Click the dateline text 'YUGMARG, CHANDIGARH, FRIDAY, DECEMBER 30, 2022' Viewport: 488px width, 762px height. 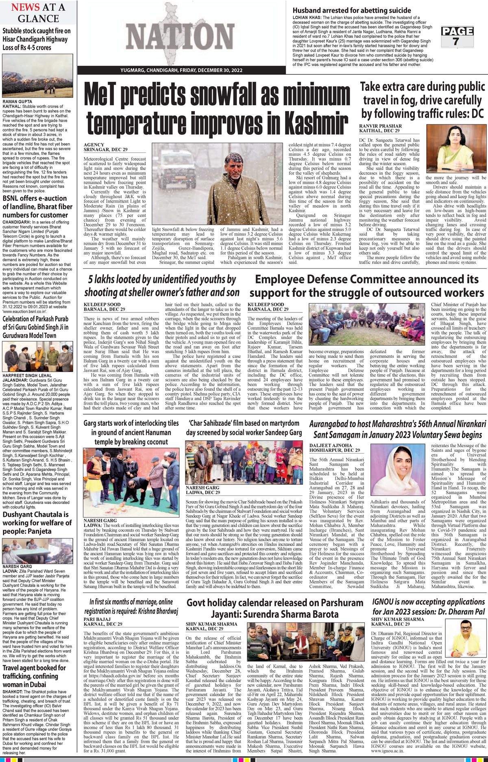(181, 70)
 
